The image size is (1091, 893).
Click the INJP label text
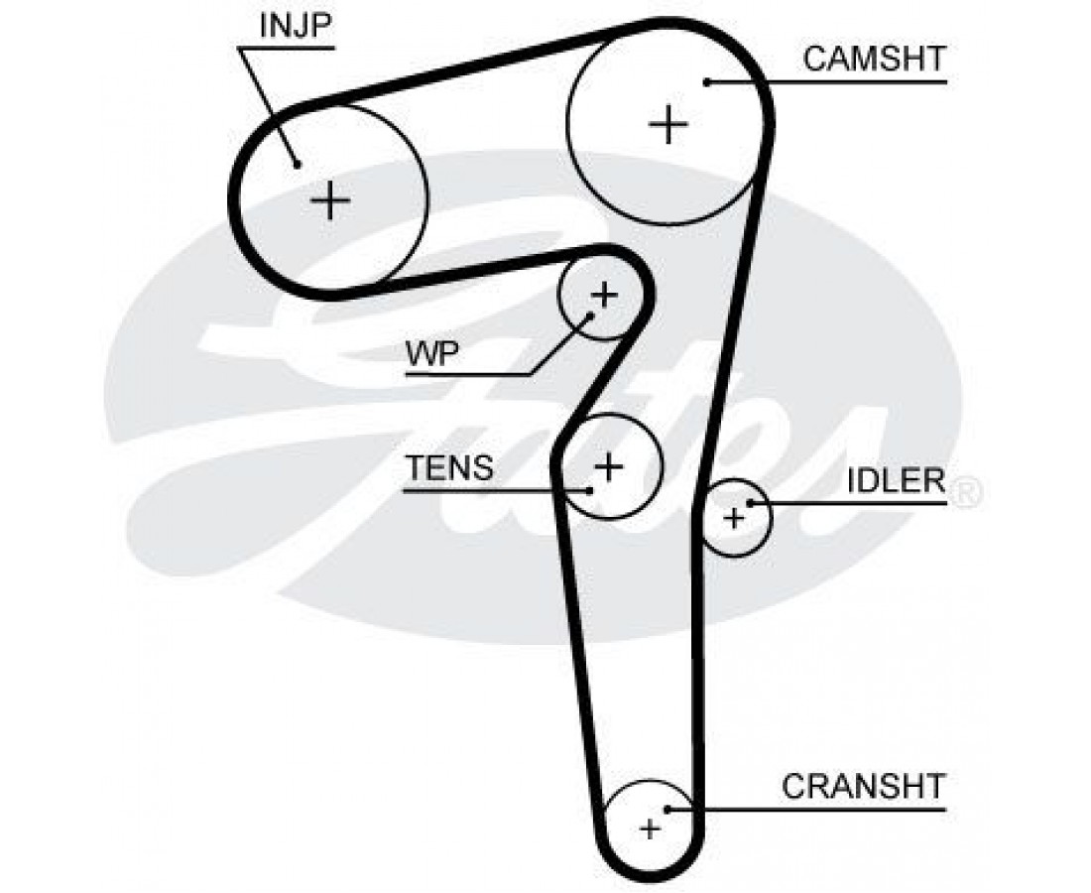click(x=294, y=26)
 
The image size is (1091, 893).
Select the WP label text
click(x=431, y=354)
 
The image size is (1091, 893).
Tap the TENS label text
click(x=449, y=467)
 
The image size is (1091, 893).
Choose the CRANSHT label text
click(x=863, y=787)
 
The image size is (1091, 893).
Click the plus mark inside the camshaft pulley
click(x=668, y=124)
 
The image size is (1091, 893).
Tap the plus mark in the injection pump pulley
click(x=330, y=201)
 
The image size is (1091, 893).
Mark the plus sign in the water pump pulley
click(x=603, y=295)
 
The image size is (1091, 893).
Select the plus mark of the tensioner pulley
click(x=609, y=465)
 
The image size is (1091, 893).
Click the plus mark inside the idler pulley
click(x=734, y=518)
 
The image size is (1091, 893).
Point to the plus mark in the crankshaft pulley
click(x=650, y=829)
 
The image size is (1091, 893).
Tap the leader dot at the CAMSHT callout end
click(x=707, y=81)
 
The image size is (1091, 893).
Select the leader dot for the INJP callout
click(x=296, y=165)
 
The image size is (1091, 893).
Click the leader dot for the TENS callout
click(x=591, y=489)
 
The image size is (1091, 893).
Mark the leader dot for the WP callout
click(x=591, y=315)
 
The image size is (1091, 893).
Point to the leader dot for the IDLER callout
click(x=751, y=503)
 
